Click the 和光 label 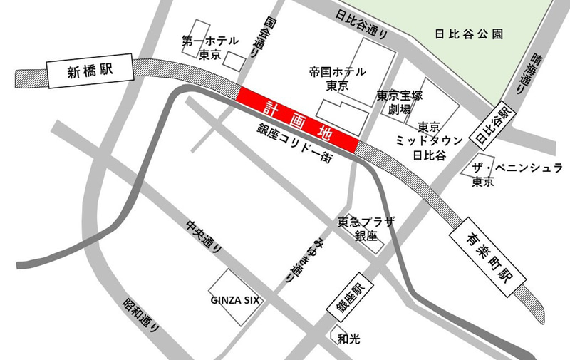pyautogui.click(x=349, y=339)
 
